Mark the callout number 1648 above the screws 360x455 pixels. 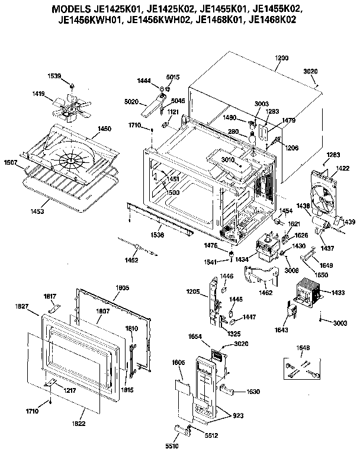tap(303, 348)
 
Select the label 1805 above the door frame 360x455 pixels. tap(122, 287)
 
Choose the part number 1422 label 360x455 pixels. tap(343, 168)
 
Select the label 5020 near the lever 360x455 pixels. tap(131, 102)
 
